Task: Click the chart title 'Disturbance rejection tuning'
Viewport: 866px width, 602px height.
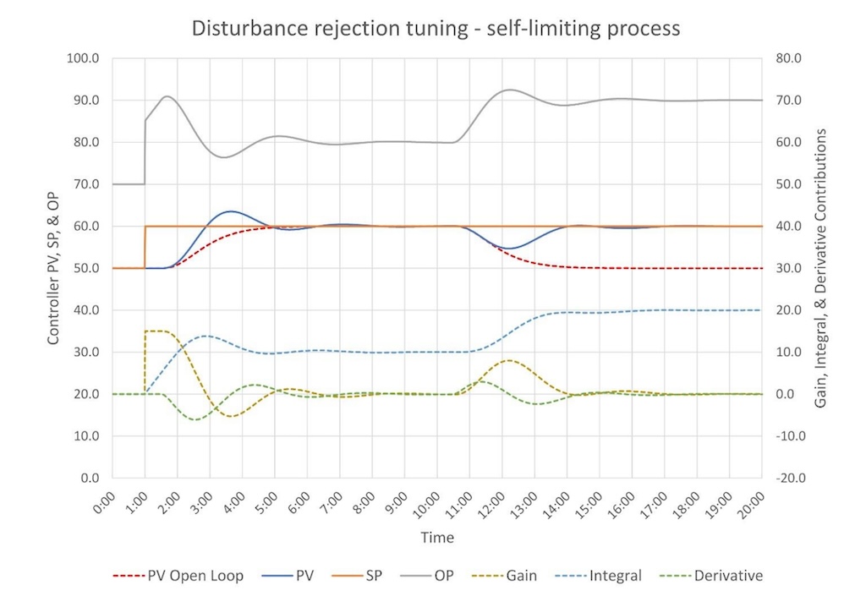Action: (436, 28)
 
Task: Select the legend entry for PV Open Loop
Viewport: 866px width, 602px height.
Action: (190, 576)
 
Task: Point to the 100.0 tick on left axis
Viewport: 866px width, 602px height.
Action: (83, 58)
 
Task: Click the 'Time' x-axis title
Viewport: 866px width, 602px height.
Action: (437, 538)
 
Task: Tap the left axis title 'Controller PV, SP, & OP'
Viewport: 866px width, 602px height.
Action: (53, 267)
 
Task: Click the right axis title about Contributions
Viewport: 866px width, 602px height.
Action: (819, 269)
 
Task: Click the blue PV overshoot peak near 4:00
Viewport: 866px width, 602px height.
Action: (230, 211)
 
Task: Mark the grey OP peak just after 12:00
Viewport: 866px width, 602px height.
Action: (508, 90)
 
